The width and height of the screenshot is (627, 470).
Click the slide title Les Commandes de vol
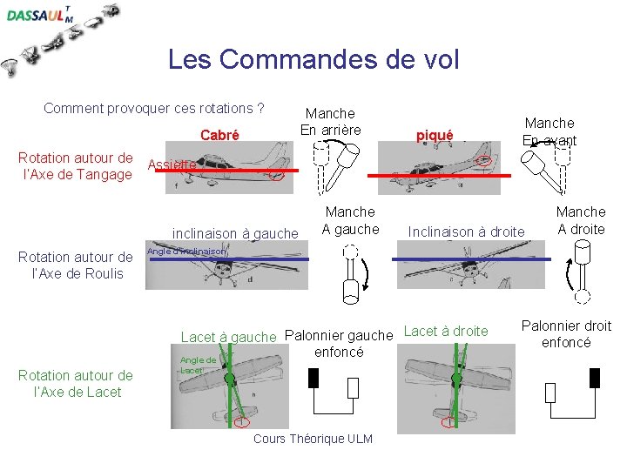click(x=313, y=59)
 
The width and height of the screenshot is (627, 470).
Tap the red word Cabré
click(x=219, y=135)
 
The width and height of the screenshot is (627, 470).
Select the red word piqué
click(x=434, y=135)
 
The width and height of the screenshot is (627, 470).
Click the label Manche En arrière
click(x=330, y=122)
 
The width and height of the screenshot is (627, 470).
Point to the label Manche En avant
click(x=549, y=131)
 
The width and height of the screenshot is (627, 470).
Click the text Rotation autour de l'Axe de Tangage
click(x=76, y=166)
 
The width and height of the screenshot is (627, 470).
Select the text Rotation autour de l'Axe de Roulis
click(x=76, y=265)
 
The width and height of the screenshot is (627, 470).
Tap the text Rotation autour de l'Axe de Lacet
click(x=76, y=384)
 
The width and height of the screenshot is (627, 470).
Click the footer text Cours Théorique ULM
click(x=313, y=439)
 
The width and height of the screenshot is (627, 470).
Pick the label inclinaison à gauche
click(x=235, y=232)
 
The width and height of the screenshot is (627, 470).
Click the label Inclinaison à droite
click(x=466, y=232)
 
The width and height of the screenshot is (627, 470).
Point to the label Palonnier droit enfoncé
click(x=566, y=334)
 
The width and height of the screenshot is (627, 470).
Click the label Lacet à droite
click(x=446, y=331)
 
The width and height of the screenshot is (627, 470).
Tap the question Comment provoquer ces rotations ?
click(x=154, y=109)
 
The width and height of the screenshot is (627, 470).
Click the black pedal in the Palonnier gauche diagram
click(x=313, y=378)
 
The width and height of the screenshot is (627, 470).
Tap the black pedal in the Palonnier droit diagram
click(x=595, y=378)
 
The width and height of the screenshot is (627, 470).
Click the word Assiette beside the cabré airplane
click(x=172, y=164)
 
